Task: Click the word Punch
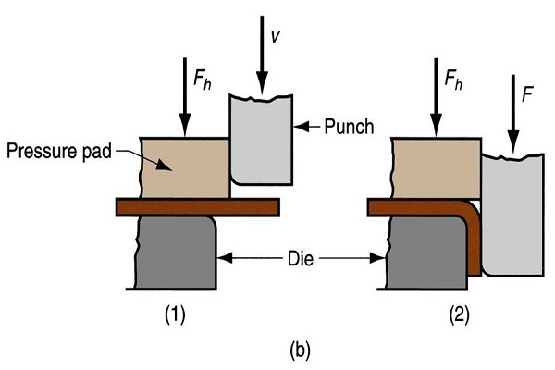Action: [349, 127]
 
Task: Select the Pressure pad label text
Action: [59, 151]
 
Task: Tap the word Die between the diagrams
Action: [301, 259]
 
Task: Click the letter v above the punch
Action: [275, 37]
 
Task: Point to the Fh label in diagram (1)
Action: [203, 80]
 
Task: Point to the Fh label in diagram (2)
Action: [453, 80]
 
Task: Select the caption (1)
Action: [175, 314]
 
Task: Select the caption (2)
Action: [459, 314]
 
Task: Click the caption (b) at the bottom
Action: [300, 351]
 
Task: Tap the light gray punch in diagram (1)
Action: [261, 140]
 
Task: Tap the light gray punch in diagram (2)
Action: [512, 215]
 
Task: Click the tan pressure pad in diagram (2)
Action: [437, 168]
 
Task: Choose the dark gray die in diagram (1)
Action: [176, 253]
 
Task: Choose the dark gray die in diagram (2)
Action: [426, 253]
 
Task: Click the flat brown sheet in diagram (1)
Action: [198, 207]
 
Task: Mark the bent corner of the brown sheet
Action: [469, 211]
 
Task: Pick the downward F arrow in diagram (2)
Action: [512, 114]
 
